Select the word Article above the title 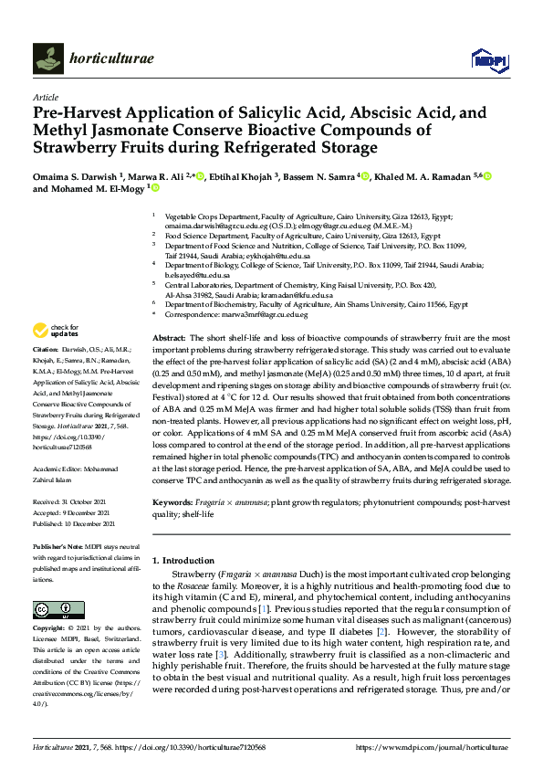(45, 97)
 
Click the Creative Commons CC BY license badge (52, 610)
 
